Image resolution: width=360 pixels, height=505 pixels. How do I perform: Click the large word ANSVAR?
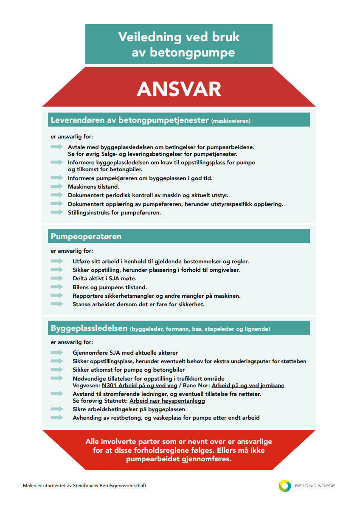[179, 89]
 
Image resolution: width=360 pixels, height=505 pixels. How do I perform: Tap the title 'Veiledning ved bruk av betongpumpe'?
[179, 44]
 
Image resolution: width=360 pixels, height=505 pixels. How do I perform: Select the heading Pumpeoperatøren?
[86, 237]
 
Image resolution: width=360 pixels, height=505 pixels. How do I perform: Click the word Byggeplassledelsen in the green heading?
[89, 328]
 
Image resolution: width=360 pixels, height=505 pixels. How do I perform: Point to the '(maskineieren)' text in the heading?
[231, 121]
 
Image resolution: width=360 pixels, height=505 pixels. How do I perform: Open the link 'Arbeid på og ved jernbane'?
[248, 386]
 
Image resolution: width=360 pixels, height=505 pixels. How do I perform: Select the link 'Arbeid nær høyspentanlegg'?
[167, 401]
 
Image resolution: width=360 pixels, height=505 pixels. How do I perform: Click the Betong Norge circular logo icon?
[285, 486]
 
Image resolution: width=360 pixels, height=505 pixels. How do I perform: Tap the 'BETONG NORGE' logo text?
[315, 486]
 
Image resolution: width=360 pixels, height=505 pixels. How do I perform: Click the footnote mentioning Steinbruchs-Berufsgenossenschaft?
[84, 485]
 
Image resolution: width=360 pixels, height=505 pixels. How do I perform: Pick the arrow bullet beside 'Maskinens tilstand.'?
[56, 186]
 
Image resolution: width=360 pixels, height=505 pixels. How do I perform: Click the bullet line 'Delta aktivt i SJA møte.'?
[104, 279]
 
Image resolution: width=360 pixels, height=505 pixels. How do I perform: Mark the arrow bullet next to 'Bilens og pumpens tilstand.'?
[56, 287]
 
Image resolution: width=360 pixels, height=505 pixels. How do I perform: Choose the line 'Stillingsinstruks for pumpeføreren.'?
[114, 212]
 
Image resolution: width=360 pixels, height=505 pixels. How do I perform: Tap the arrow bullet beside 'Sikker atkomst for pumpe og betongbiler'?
[56, 370]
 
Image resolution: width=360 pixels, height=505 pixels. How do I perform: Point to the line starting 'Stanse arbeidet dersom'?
[138, 305]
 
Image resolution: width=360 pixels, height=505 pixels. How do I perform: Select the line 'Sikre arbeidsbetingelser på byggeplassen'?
[129, 409]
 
